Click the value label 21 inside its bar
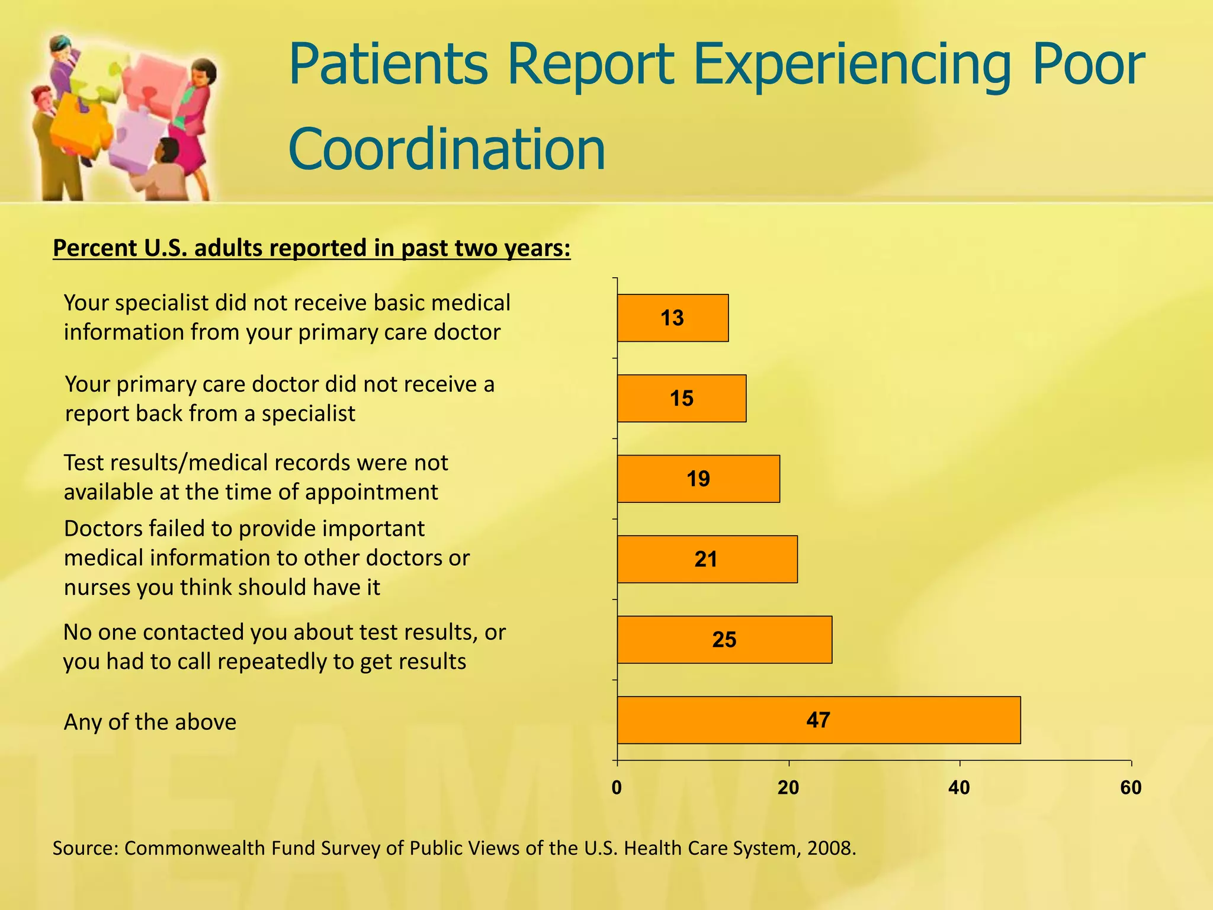(x=705, y=559)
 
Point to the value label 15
(x=681, y=399)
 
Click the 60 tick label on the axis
(x=1131, y=788)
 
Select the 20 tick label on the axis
(x=788, y=788)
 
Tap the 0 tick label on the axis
(x=617, y=788)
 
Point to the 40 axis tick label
(x=959, y=788)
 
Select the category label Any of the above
(x=150, y=722)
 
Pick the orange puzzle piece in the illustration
(x=80, y=127)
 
